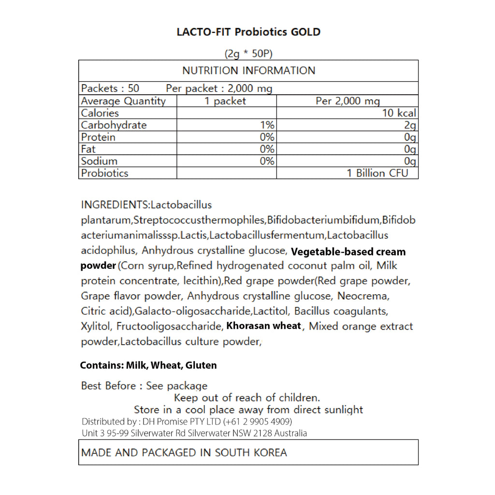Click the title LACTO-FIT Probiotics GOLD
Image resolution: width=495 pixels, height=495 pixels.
coord(248,32)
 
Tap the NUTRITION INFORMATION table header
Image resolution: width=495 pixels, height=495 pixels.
coord(248,71)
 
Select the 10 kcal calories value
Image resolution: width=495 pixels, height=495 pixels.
coord(399,113)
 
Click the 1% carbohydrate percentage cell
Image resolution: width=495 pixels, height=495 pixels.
coord(267,125)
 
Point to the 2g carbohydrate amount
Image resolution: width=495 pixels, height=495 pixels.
coord(410,125)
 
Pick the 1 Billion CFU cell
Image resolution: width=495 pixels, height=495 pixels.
coord(377,173)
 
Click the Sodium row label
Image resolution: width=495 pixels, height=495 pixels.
coord(99,161)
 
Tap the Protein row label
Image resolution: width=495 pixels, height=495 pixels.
coord(98,137)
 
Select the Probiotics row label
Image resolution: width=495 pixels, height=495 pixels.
coord(104,173)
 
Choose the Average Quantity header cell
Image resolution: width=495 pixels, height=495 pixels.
coord(123,101)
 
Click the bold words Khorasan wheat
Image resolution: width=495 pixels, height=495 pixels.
coord(264,326)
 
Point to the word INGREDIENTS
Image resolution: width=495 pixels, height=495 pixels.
coord(115,205)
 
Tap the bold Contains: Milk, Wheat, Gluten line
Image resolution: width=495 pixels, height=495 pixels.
coord(148,365)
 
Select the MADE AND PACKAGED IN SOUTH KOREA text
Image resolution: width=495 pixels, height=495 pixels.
coord(184,452)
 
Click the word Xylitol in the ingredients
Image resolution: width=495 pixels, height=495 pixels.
coord(96,326)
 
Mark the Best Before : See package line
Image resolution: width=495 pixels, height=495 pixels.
coord(144,386)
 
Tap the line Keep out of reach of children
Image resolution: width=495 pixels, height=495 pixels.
coord(247,398)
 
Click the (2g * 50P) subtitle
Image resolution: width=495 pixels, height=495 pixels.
coord(248,54)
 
